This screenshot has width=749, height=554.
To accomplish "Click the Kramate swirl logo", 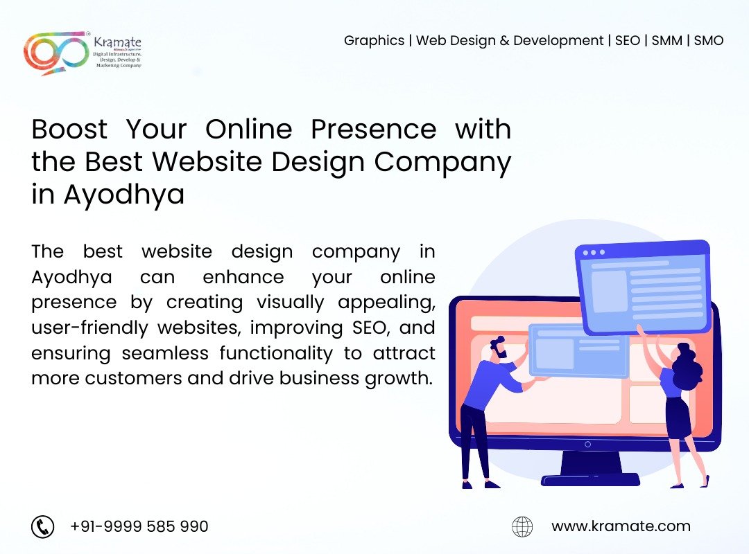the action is coord(56,53).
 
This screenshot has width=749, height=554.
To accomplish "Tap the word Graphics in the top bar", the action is coord(374,41).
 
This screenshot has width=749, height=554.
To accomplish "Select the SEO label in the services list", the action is coord(627,41).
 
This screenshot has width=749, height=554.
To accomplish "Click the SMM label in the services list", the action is coord(666,41).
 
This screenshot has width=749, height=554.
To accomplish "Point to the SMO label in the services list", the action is coord(708,41).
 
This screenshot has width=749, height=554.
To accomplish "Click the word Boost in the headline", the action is coord(70,129).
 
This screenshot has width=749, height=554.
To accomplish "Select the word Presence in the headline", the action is coord(374,129).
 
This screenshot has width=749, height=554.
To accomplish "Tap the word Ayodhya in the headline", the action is coord(123,195).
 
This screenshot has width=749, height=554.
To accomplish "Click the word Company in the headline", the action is coord(442,163).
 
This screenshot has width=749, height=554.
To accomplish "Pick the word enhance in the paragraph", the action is coord(243,277).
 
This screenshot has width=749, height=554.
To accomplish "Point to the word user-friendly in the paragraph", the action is coord(89,328).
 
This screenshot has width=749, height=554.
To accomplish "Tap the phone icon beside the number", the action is coord(42,527).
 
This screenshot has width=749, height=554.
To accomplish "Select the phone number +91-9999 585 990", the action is coord(139,526).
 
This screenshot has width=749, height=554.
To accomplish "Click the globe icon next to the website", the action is coord(522,527).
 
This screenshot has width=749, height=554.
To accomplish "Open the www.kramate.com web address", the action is coord(621,526).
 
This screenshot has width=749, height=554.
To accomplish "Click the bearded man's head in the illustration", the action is coord(498,348).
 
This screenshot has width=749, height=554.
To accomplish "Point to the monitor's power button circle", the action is coord(587,445).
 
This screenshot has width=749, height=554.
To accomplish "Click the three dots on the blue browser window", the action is coord(594,253).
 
